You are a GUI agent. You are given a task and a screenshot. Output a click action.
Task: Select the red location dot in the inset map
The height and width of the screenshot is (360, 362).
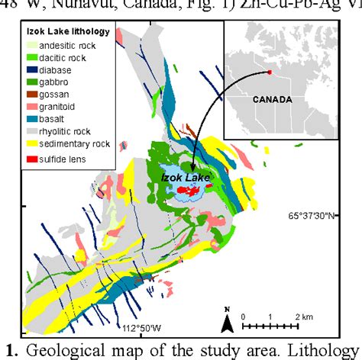point(269,72)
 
